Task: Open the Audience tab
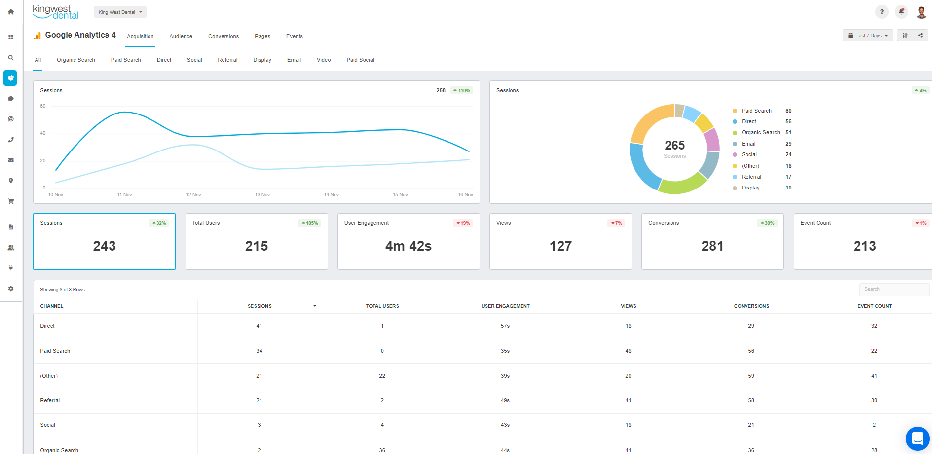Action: click(181, 36)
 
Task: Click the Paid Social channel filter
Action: click(360, 60)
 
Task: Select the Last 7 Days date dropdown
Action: click(867, 36)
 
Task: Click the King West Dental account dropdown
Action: click(120, 12)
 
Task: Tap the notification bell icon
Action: click(901, 12)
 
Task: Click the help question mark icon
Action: click(882, 12)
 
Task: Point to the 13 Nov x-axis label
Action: click(262, 195)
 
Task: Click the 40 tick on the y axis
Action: click(43, 133)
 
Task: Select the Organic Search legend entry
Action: click(760, 133)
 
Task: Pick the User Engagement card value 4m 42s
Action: click(408, 246)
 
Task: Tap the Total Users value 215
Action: click(256, 246)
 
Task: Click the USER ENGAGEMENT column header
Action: click(505, 306)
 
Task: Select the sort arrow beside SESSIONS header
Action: click(315, 306)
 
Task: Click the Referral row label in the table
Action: click(50, 400)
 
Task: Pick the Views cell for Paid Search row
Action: click(628, 351)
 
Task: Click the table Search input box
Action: click(894, 289)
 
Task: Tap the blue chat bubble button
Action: click(917, 439)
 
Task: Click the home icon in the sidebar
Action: click(11, 12)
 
